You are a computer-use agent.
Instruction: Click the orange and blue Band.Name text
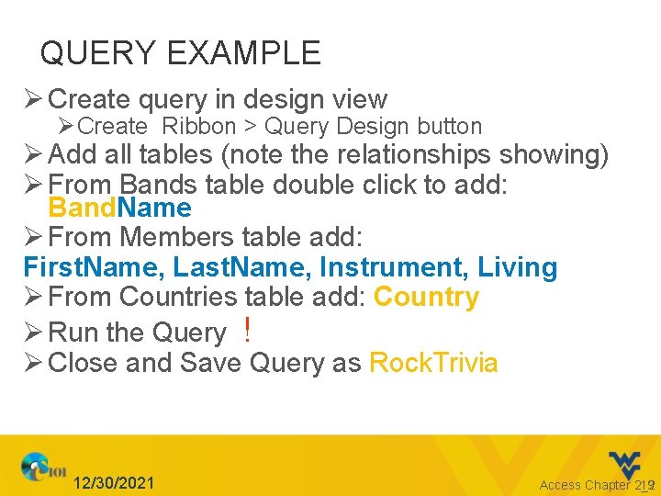(x=119, y=209)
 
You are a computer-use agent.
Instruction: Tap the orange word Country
(x=426, y=298)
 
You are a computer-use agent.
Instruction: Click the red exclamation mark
(x=248, y=330)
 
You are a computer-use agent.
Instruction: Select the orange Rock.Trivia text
(x=432, y=363)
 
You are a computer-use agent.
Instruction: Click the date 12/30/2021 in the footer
(x=114, y=483)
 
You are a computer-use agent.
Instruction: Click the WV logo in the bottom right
(x=628, y=464)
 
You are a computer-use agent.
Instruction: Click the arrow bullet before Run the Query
(x=33, y=332)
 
